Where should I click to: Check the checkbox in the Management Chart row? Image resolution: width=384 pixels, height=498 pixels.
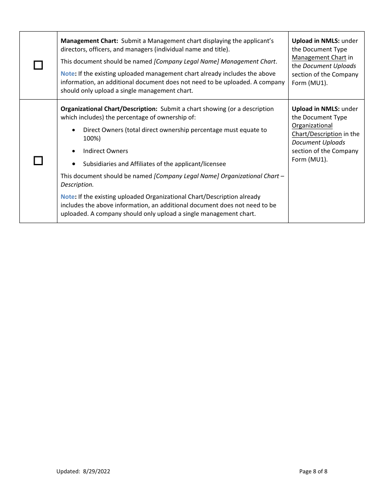tap(38, 65)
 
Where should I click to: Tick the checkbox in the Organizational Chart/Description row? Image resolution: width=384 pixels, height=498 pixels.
tap(38, 161)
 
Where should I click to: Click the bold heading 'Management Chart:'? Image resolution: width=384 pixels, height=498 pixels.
tap(89, 41)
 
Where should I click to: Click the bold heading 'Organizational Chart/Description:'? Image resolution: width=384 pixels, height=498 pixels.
tap(109, 109)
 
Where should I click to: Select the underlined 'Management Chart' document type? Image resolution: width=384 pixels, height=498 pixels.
tap(319, 57)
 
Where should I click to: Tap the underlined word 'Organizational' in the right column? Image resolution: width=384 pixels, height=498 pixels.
tap(312, 126)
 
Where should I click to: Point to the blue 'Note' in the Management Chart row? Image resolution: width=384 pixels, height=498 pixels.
tap(68, 74)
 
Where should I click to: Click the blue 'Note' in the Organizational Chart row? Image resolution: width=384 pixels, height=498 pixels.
tap(68, 197)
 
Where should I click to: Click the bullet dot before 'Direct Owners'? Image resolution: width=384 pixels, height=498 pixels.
tap(73, 130)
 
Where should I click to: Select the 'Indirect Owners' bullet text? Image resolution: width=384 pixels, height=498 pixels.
tap(105, 151)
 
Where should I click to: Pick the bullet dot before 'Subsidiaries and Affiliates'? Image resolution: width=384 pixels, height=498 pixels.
tap(73, 164)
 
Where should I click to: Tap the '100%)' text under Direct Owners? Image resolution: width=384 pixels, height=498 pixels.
tap(92, 138)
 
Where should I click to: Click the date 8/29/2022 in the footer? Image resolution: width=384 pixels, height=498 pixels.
tap(97, 471)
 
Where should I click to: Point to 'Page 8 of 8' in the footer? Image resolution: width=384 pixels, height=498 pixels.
tap(313, 471)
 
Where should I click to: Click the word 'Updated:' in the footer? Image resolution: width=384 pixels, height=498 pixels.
tap(68, 471)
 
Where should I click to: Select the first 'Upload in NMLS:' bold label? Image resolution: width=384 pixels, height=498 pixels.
tap(316, 41)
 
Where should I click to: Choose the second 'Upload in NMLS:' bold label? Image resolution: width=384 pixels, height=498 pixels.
tap(316, 109)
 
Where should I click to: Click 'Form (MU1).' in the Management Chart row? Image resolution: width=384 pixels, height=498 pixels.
tap(310, 83)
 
